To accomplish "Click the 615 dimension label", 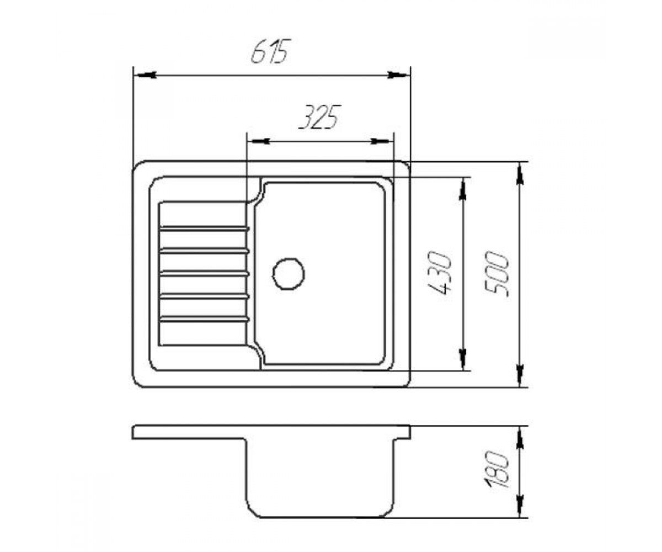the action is coord(270,51).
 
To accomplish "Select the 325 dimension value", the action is coord(319,116).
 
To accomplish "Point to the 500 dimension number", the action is coord(496,274).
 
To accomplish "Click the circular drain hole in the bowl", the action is coord(288,274).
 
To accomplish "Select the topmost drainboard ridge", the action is coord(205,228).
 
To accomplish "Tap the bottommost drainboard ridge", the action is coord(205,319).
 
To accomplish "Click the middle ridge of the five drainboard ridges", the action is coord(205,273).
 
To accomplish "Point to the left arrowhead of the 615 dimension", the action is coord(145,75).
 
